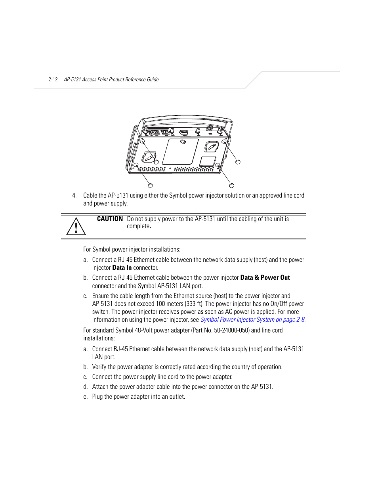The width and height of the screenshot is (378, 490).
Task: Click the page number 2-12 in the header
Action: tap(53, 80)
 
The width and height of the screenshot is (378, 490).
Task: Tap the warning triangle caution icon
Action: tap(76, 227)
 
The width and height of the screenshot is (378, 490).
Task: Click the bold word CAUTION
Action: tap(110, 219)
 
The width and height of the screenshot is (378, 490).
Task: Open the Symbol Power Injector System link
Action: tap(252, 320)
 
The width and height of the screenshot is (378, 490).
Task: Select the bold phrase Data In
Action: tap(122, 268)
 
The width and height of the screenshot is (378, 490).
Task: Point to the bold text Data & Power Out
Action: tap(265, 278)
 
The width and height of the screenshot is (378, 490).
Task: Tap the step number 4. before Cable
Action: tap(74, 196)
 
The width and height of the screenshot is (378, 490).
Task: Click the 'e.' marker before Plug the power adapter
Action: tap(85, 397)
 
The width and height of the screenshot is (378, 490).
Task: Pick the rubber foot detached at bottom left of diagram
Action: tap(150, 186)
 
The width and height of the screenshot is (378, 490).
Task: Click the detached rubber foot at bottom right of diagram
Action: tap(232, 186)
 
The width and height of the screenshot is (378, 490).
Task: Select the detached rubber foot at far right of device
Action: tap(238, 162)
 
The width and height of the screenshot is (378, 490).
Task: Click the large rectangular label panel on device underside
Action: tap(181, 151)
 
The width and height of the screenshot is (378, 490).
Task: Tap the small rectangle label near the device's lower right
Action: tap(207, 161)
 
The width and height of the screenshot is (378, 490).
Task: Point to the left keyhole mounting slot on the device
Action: tap(149, 157)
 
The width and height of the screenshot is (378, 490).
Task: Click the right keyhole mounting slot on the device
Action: tap(212, 147)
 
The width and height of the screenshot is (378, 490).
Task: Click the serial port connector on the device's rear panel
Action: tap(183, 132)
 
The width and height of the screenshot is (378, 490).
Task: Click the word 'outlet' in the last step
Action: tap(177, 397)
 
